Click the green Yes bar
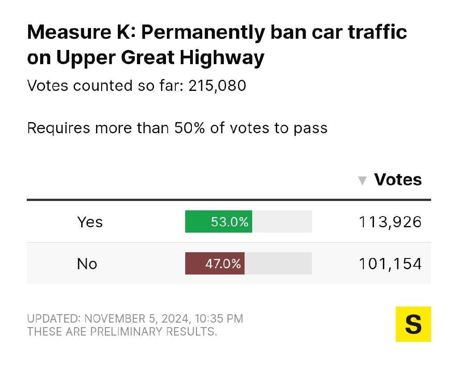tap(218, 221)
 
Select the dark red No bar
tap(215, 263)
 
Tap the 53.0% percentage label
tap(229, 221)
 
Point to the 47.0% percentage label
tap(223, 263)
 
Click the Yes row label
tap(90, 221)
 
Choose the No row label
tap(87, 263)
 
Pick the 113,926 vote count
tap(390, 221)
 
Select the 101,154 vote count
tap(390, 263)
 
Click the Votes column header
tap(398, 180)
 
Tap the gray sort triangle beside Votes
tap(363, 180)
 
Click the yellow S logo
tap(413, 324)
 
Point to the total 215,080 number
tap(217, 86)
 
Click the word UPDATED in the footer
tap(52, 319)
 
